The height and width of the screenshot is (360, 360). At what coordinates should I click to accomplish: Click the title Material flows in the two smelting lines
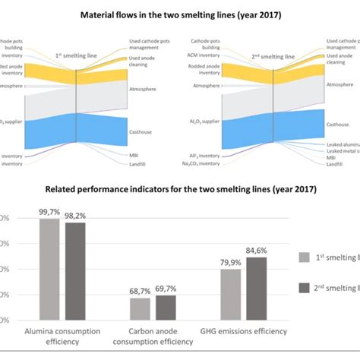[x=179, y=14]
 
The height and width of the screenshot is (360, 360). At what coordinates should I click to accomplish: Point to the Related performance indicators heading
[x=179, y=189]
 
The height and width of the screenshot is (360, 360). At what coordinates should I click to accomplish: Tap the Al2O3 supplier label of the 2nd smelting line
[x=201, y=120]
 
